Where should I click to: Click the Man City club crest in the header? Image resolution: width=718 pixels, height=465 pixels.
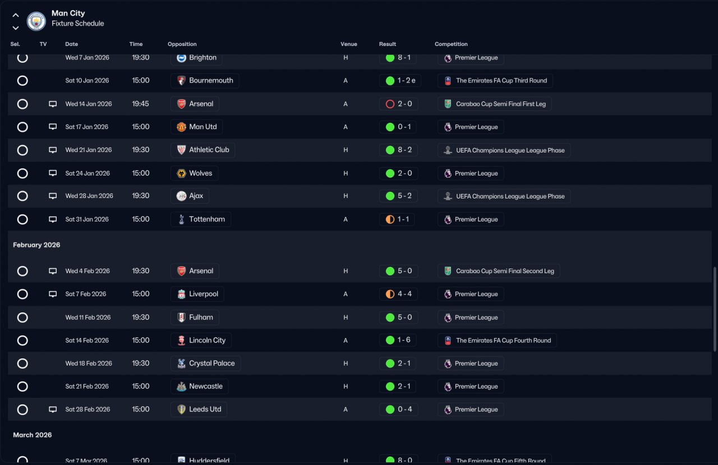[x=36, y=21]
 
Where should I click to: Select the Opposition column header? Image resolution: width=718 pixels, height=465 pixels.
[x=182, y=44]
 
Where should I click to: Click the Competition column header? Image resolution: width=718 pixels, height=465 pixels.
[x=451, y=44]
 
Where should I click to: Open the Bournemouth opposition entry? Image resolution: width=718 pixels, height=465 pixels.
[x=205, y=81]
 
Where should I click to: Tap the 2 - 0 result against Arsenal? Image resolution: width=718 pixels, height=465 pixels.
[x=398, y=104]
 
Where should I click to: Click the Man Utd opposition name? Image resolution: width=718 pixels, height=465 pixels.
[x=197, y=127]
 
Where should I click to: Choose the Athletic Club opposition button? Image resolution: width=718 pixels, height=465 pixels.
[x=202, y=150]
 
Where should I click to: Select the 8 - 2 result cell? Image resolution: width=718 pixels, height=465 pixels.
[x=398, y=150]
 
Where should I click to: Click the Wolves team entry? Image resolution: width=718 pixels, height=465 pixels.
[x=194, y=173]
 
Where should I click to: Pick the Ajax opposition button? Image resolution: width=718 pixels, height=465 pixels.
[x=190, y=196]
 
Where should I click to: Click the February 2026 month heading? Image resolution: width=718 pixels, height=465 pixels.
[x=36, y=245]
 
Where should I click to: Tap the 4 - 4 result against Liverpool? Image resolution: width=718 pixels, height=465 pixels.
[x=398, y=294]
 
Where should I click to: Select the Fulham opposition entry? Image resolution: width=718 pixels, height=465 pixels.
[x=195, y=317]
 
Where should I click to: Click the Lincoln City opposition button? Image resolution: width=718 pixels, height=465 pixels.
[x=201, y=340]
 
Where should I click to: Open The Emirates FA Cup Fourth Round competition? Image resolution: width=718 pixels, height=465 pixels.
[x=497, y=340]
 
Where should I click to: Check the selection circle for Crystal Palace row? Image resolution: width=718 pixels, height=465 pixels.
[x=22, y=363]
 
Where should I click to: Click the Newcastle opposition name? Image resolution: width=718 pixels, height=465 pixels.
[x=200, y=386]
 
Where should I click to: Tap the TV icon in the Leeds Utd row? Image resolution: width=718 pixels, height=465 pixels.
[x=53, y=409]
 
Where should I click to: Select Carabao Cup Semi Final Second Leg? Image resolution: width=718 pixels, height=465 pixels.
[x=499, y=271]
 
